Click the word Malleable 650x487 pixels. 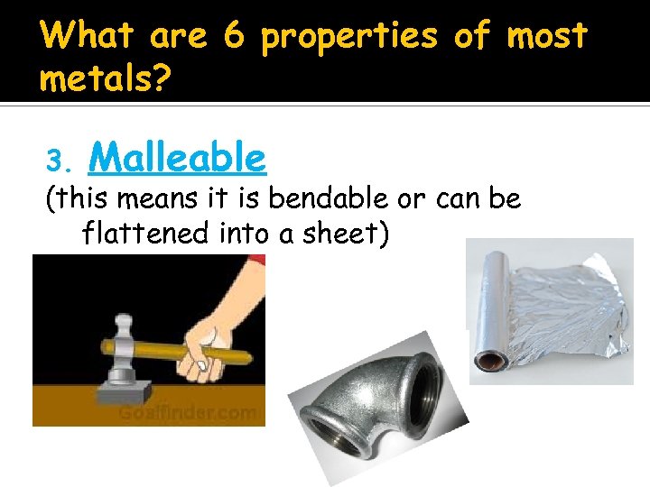(x=178, y=159)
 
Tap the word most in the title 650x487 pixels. (x=547, y=36)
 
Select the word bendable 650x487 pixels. (x=318, y=198)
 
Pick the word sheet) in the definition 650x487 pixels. (x=347, y=234)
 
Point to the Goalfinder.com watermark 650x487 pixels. (x=190, y=411)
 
